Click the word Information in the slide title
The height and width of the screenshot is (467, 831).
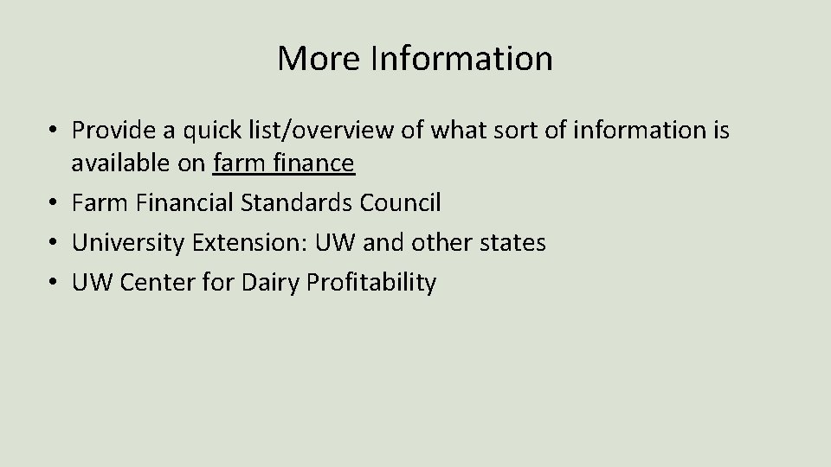461,59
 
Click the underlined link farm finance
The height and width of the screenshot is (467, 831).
283,163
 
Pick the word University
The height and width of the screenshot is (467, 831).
127,243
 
